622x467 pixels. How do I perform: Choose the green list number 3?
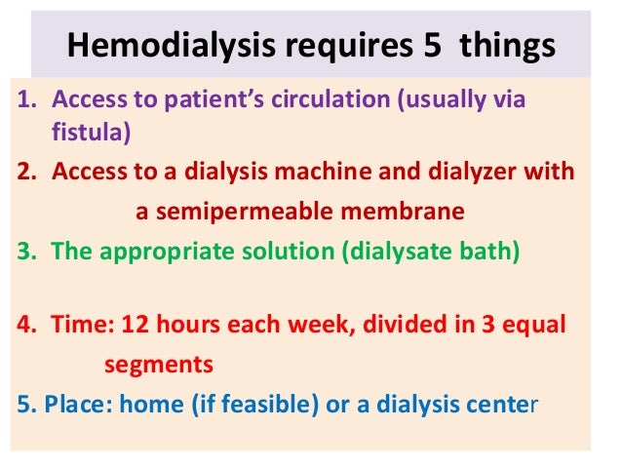(26, 251)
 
